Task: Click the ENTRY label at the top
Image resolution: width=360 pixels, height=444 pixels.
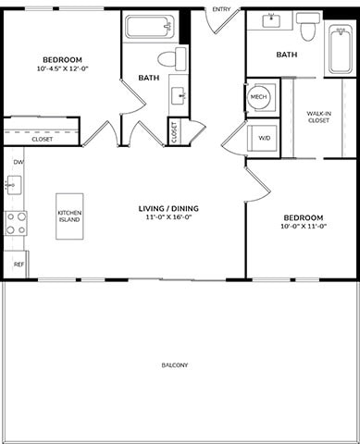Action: point(221,9)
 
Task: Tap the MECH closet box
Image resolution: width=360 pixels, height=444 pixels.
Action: point(258,96)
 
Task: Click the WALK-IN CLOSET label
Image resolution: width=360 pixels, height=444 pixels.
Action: point(319,117)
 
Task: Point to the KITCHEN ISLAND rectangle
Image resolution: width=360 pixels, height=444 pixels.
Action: point(69,216)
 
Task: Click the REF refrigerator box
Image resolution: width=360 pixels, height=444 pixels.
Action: point(18,264)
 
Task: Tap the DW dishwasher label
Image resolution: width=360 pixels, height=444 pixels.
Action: point(18,162)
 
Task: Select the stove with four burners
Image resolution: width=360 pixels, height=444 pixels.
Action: point(16,223)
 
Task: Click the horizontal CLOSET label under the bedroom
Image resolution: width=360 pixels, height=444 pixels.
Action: point(42,139)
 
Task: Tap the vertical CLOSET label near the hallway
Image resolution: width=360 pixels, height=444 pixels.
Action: point(174,133)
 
